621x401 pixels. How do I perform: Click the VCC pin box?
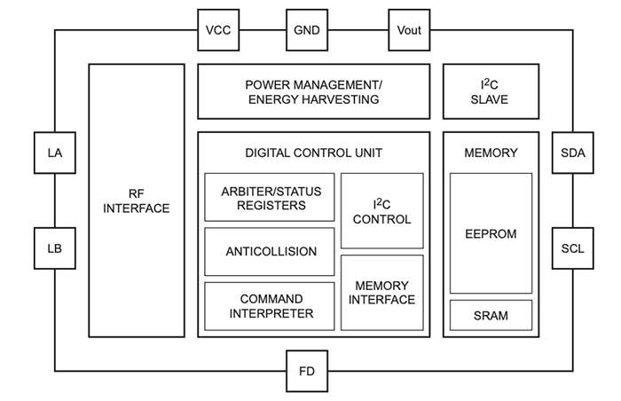(218, 30)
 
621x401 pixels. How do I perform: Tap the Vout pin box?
(409, 30)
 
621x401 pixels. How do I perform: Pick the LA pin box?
(55, 153)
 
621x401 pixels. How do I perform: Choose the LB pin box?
(55, 248)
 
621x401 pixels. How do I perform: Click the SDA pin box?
(573, 153)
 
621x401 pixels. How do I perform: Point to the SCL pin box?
(573, 248)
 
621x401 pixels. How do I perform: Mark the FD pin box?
(307, 370)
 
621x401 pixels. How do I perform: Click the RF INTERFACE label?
(136, 200)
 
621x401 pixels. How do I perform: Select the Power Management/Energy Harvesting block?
(312, 91)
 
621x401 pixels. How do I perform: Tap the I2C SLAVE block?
(490, 91)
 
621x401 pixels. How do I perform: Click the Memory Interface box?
(381, 293)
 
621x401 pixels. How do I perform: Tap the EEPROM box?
(491, 233)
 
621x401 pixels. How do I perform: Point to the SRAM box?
(491, 316)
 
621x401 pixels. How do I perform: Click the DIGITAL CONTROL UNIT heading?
(313, 153)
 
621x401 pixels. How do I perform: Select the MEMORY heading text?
(491, 153)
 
